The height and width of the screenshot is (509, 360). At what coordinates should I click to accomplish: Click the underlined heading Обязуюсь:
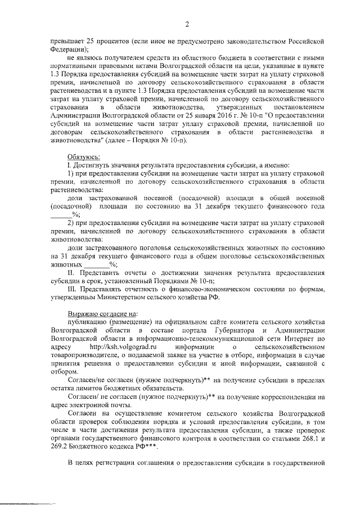coord(84,157)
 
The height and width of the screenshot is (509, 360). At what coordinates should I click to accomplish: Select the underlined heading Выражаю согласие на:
coord(101,314)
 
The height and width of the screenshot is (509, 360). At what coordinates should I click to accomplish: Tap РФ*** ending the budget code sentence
coord(145,446)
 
